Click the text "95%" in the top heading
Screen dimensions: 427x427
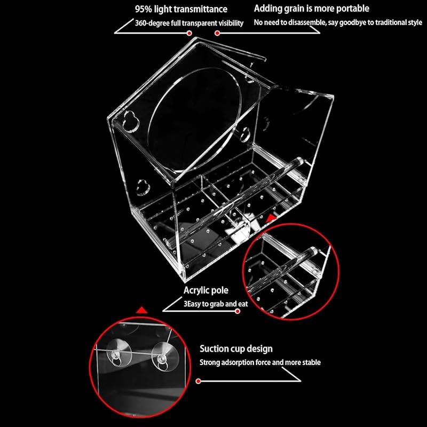coord(143,9)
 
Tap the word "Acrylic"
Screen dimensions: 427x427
coord(197,290)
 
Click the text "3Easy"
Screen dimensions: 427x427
coord(192,304)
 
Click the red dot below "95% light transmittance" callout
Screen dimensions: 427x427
coord(189,33)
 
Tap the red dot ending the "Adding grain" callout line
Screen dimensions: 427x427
coord(217,33)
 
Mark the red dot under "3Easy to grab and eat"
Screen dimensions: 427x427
coord(238,311)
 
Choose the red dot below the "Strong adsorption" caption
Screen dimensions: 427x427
coord(198,381)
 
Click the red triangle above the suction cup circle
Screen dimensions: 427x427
coord(141,311)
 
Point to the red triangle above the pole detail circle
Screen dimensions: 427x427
coord(271,218)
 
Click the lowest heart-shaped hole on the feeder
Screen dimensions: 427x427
coord(143,187)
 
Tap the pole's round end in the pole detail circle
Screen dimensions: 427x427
coord(314,251)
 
